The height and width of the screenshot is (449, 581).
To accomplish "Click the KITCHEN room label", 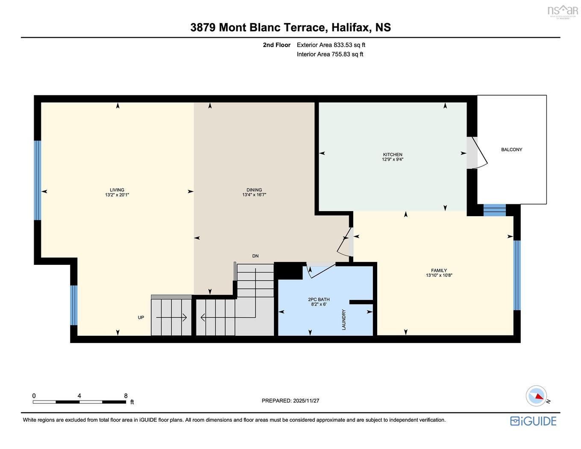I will [392, 154].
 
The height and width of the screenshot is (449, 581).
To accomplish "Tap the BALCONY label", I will [511, 150].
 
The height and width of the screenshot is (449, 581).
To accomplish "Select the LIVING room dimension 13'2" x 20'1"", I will [117, 195].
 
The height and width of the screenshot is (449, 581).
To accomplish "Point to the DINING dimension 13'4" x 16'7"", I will [254, 195].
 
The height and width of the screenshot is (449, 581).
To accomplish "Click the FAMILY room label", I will [439, 270].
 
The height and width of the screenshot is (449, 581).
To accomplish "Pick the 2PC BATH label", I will [319, 299].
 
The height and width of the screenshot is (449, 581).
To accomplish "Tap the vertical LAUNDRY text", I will [343, 320].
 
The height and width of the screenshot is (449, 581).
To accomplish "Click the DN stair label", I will [255, 256].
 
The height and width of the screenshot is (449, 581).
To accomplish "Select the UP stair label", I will [141, 317].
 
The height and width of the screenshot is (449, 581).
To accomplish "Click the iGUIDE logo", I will [533, 421].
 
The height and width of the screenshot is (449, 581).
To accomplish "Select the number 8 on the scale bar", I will [126, 396].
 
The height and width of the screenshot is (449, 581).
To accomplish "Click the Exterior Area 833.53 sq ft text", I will [331, 45].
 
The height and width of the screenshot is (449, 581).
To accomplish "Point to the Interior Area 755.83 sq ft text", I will [330, 54].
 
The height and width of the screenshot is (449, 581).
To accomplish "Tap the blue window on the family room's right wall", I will [517, 275].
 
